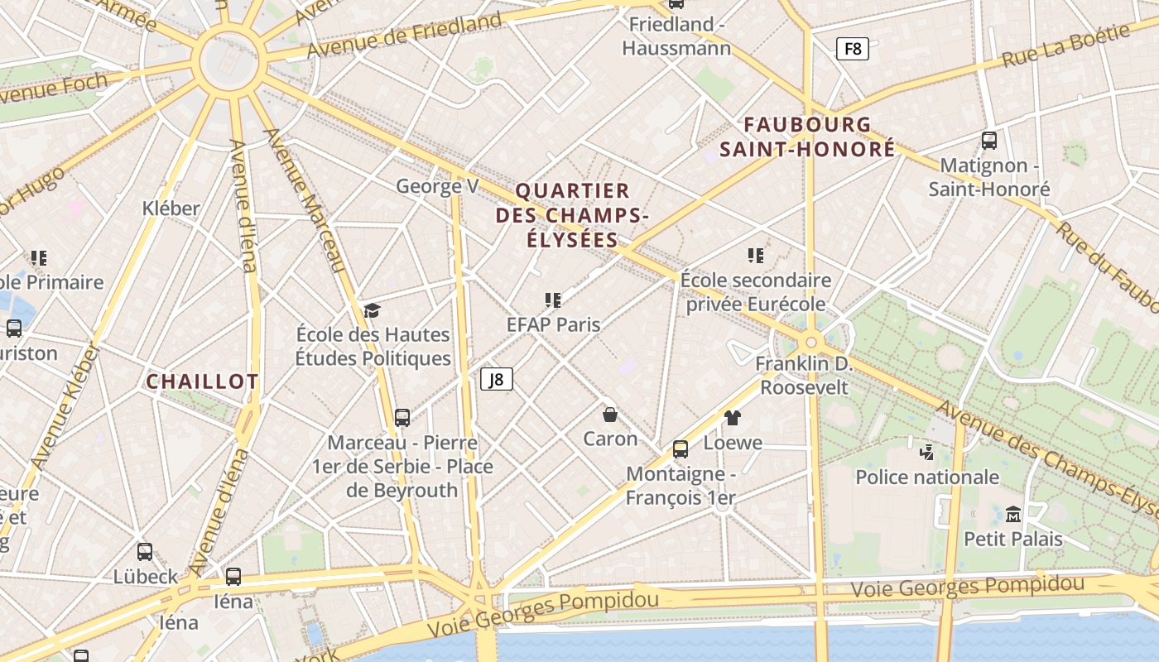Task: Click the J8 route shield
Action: click(x=497, y=379)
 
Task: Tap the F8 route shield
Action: click(x=852, y=49)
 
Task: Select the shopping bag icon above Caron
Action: click(x=610, y=414)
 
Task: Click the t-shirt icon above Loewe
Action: click(x=732, y=417)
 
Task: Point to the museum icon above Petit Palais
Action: click(x=1013, y=515)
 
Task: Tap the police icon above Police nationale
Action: click(x=927, y=452)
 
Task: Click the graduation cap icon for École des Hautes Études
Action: click(x=373, y=310)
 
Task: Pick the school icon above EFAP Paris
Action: click(x=553, y=300)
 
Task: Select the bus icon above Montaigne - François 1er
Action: click(x=680, y=449)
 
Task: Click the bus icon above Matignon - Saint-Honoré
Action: click(x=988, y=140)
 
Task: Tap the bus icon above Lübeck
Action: click(x=145, y=551)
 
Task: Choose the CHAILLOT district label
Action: click(x=202, y=381)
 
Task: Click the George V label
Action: click(x=437, y=186)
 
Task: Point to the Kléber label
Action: click(x=171, y=208)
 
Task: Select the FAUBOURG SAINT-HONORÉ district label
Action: click(x=807, y=137)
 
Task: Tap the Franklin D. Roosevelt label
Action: click(x=804, y=375)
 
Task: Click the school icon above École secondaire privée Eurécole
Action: click(x=755, y=255)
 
